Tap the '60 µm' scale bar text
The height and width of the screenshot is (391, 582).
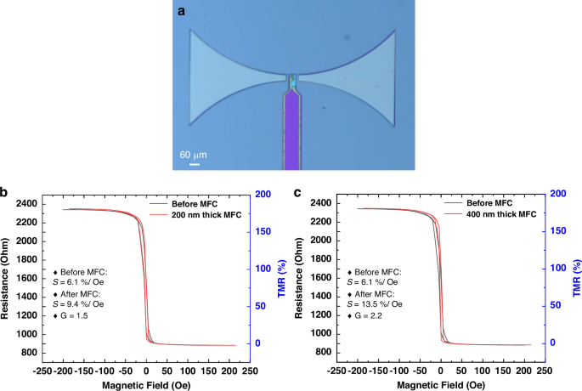pos(192,155)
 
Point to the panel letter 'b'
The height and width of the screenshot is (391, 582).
pos(7,195)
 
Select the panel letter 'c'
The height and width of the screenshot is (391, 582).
pos(297,195)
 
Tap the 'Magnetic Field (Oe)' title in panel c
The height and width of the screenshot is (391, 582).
pos(438,384)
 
